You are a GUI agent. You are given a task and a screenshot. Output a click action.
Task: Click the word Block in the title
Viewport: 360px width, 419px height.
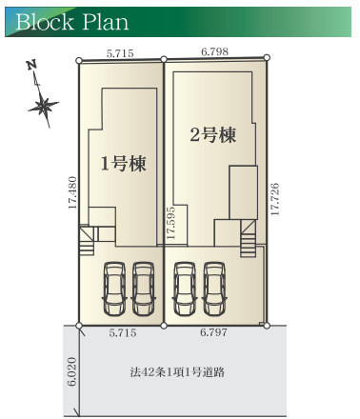coord(44,21)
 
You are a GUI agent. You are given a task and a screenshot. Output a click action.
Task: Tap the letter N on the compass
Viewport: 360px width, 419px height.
coord(30,66)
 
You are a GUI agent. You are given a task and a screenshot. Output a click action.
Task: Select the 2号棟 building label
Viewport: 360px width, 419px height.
coord(212,135)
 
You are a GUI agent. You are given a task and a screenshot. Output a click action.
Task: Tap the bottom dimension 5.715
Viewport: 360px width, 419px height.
coord(123,334)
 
